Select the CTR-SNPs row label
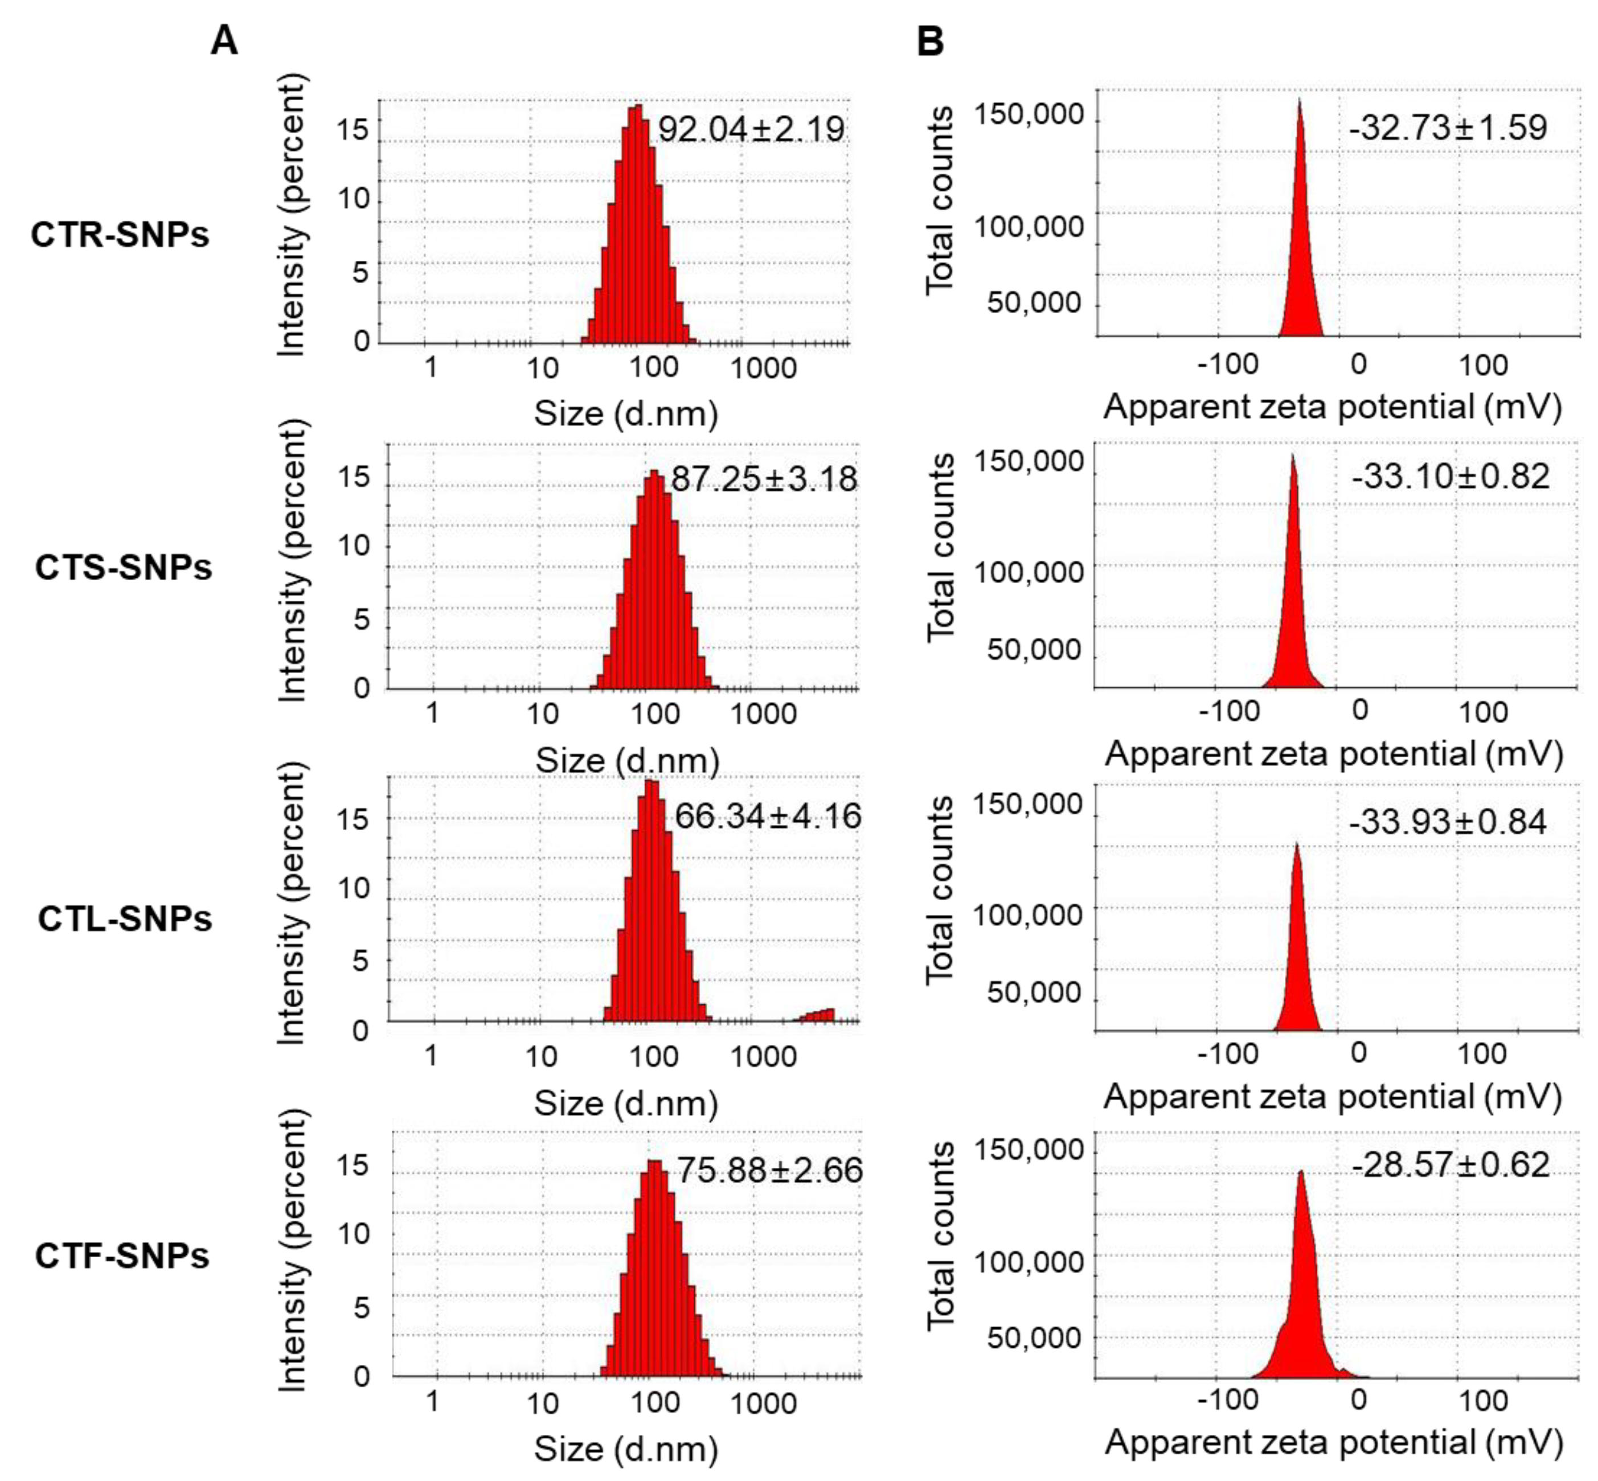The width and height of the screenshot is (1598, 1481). click(x=120, y=235)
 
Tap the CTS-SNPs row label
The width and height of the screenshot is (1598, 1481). click(x=124, y=567)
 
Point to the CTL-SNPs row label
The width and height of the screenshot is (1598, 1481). click(x=125, y=918)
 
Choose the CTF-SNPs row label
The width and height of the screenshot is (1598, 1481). click(x=122, y=1256)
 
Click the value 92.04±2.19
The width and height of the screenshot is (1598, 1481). click(x=751, y=129)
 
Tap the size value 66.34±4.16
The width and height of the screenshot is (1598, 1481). click(x=768, y=816)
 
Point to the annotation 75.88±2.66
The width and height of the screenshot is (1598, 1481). click(x=770, y=1170)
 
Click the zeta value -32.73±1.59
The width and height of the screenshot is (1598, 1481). click(x=1447, y=128)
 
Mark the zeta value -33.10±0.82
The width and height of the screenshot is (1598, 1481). click(x=1451, y=476)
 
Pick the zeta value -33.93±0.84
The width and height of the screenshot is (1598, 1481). click(x=1447, y=822)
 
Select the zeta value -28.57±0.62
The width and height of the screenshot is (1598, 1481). click(x=1451, y=1164)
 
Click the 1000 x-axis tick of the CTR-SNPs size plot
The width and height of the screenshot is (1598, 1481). click(x=764, y=368)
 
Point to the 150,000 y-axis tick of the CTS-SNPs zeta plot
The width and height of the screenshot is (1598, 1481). click(x=1029, y=462)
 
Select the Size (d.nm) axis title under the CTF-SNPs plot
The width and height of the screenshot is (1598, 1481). click(x=626, y=1449)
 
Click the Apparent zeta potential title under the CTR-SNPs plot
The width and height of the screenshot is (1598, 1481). click(x=1333, y=407)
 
